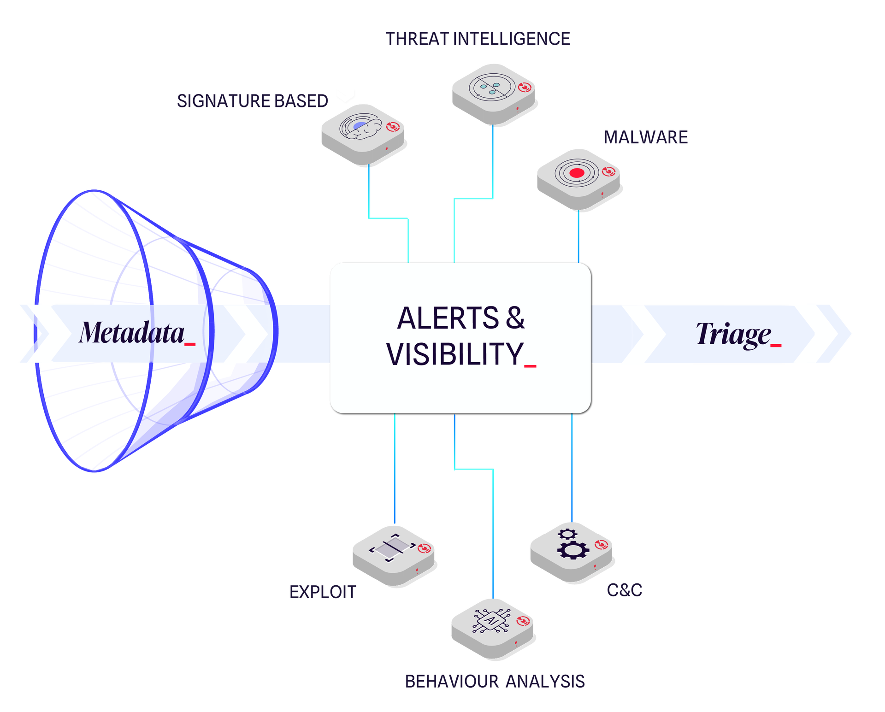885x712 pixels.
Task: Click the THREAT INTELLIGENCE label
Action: (478, 39)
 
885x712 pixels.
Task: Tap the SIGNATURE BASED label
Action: (252, 101)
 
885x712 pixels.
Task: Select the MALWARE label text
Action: (645, 137)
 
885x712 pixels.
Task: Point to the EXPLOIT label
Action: (323, 592)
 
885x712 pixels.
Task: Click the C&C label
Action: (625, 590)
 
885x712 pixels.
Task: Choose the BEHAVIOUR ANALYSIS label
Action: (495, 681)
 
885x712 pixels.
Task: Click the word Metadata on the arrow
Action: (131, 333)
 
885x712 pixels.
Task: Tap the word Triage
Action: (733, 334)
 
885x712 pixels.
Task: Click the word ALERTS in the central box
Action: (448, 318)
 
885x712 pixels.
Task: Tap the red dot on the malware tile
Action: (577, 173)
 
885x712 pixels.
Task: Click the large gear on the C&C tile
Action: (573, 550)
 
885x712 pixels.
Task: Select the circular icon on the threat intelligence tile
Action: (492, 86)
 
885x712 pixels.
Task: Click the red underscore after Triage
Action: (776, 345)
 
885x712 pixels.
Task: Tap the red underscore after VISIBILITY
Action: (530, 366)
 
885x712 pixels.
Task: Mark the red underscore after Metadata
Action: (190, 344)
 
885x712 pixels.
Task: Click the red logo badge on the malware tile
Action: (608, 172)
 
